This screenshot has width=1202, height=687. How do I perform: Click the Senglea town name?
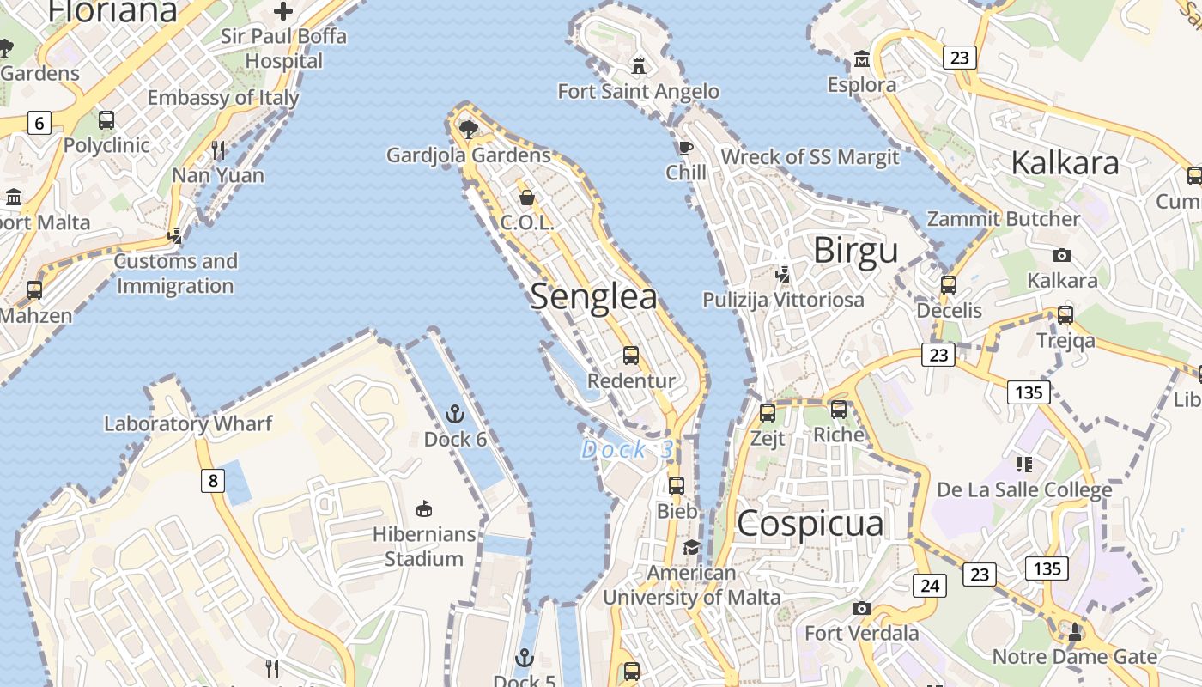point(593,296)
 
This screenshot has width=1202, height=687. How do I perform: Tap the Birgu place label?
point(855,251)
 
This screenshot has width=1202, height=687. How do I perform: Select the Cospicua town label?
point(810,523)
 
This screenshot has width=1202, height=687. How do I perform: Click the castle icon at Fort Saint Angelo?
point(639,65)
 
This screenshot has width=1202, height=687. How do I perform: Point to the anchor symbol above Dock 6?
point(455,415)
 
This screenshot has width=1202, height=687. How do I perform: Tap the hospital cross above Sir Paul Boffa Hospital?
point(282,11)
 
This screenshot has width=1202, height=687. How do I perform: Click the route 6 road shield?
point(39,123)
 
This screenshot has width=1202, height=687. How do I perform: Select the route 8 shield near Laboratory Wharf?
point(213,480)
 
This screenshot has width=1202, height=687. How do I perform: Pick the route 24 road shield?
point(929,586)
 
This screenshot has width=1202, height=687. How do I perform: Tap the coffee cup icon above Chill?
point(685,148)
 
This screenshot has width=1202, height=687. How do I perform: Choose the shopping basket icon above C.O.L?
point(527,198)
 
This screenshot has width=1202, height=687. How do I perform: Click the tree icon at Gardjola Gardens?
point(468,129)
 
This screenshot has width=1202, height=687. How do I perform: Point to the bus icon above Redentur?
point(631,356)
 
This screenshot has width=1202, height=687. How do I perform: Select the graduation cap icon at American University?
point(691,547)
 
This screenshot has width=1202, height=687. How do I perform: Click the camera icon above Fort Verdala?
point(862,608)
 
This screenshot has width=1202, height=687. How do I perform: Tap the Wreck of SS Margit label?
point(810,157)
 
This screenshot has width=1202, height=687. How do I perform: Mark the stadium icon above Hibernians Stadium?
point(423,509)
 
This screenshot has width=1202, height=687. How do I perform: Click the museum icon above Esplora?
point(861,59)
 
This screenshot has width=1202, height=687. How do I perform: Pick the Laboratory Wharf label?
point(188,423)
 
